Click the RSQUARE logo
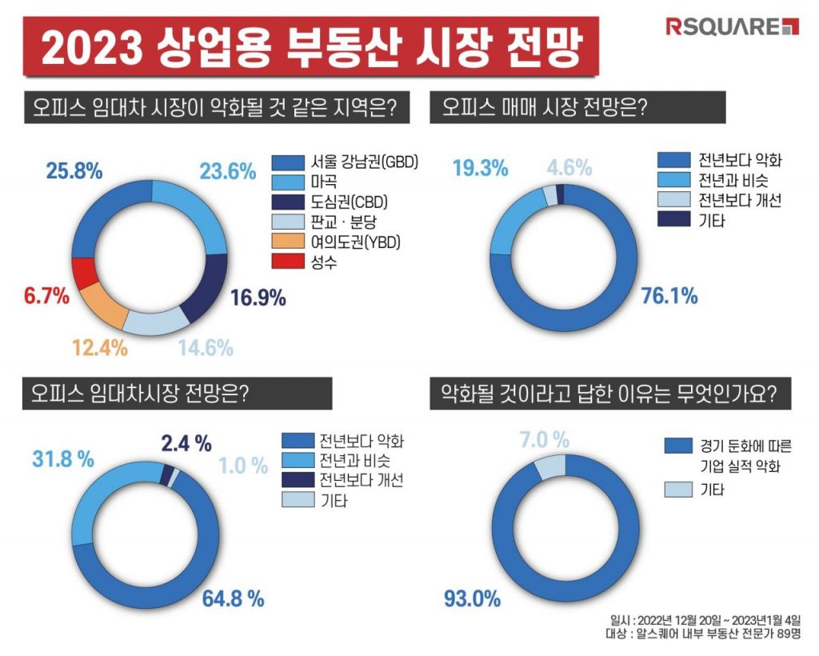pyautogui.click(x=732, y=26)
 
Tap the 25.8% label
pyautogui.click(x=72, y=170)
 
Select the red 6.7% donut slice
pyautogui.click(x=84, y=274)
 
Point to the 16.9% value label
pyautogui.click(x=258, y=298)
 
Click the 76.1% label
pyautogui.click(x=670, y=296)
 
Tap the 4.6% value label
pyautogui.click(x=569, y=168)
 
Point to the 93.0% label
pyautogui.click(x=473, y=598)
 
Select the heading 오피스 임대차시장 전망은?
pyautogui.click(x=134, y=394)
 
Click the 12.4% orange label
pyautogui.click(x=100, y=348)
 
